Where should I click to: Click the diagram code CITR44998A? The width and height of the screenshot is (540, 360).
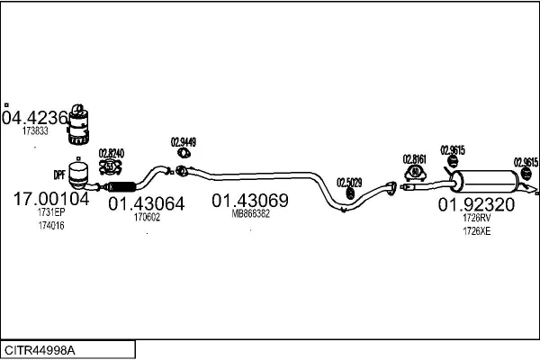(40, 350)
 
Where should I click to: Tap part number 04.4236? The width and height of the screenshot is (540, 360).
(35, 118)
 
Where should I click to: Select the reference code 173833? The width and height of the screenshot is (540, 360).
(35, 130)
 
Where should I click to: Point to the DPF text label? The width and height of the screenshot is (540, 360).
(59, 175)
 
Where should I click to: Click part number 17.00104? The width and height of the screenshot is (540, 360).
(51, 199)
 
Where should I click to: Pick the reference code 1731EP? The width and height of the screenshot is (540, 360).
(51, 211)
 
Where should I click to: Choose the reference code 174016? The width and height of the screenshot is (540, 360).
(51, 226)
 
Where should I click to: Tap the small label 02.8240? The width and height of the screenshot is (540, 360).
(112, 153)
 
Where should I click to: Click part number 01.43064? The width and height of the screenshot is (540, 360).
(147, 203)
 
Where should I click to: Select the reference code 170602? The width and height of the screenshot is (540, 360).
(147, 217)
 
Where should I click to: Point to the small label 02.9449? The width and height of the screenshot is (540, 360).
(184, 142)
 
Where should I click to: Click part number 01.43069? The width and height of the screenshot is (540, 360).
(250, 201)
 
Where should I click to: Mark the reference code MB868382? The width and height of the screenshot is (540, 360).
(251, 214)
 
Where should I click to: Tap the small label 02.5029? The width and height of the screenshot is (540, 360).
(349, 183)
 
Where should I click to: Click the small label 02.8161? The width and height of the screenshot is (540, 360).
(415, 159)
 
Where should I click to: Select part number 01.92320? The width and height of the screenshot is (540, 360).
(476, 204)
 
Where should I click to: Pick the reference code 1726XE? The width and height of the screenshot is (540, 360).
(477, 231)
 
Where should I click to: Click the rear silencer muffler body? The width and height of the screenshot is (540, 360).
(484, 181)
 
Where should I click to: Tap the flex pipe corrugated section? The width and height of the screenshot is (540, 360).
(121, 186)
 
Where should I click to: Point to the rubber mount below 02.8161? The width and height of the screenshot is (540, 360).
(415, 174)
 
